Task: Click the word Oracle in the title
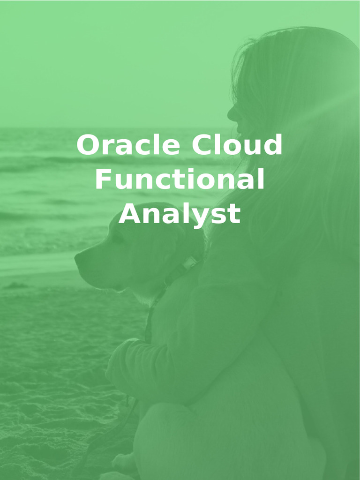[x=127, y=145]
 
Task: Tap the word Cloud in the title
[x=237, y=145]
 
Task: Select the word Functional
[x=180, y=180]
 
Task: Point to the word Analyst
[x=180, y=215]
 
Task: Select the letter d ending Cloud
[x=273, y=145]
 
